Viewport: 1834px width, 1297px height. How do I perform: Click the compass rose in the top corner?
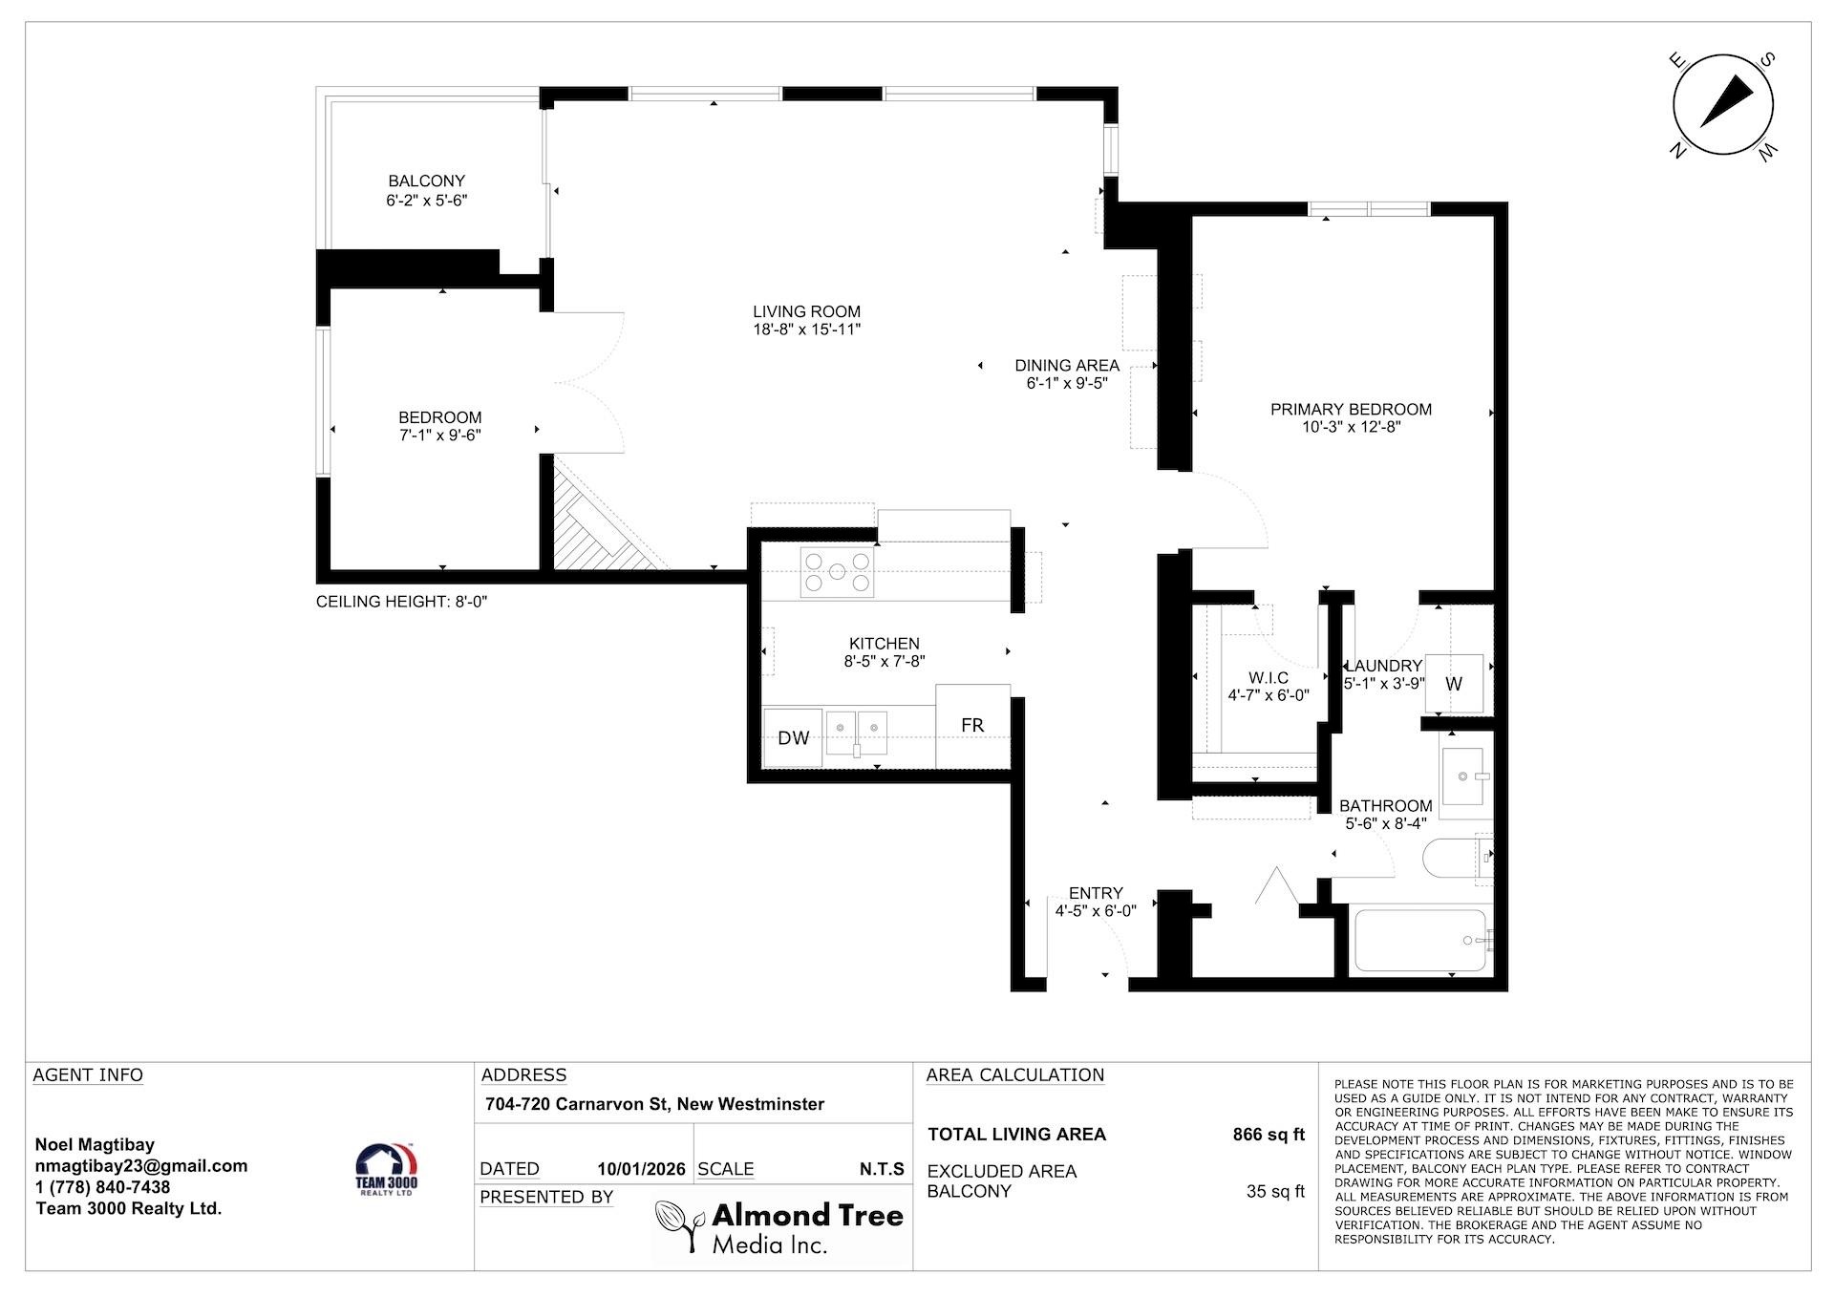click(x=1723, y=105)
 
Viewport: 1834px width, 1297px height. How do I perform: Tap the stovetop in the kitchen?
click(x=837, y=572)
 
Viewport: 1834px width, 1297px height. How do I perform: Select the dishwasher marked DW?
click(x=793, y=737)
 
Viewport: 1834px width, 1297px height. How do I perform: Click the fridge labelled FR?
click(x=972, y=725)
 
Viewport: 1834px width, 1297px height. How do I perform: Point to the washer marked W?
click(x=1454, y=684)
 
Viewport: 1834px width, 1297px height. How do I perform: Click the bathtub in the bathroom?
click(x=1420, y=941)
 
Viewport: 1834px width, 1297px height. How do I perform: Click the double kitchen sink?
click(x=857, y=734)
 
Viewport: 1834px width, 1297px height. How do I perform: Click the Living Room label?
click(x=806, y=311)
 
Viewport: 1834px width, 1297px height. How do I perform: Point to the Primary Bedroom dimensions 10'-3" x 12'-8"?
click(x=1351, y=427)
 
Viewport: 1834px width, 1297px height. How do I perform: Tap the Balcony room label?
click(x=426, y=181)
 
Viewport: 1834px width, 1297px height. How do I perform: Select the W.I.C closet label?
click(x=1268, y=678)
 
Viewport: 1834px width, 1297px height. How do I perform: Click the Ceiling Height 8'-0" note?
click(x=402, y=602)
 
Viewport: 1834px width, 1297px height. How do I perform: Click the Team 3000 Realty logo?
click(x=387, y=1171)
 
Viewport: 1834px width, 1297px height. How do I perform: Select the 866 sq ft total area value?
click(x=1269, y=1135)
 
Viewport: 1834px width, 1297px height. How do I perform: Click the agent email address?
click(x=141, y=1166)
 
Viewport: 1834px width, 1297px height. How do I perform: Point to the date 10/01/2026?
click(x=641, y=1169)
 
